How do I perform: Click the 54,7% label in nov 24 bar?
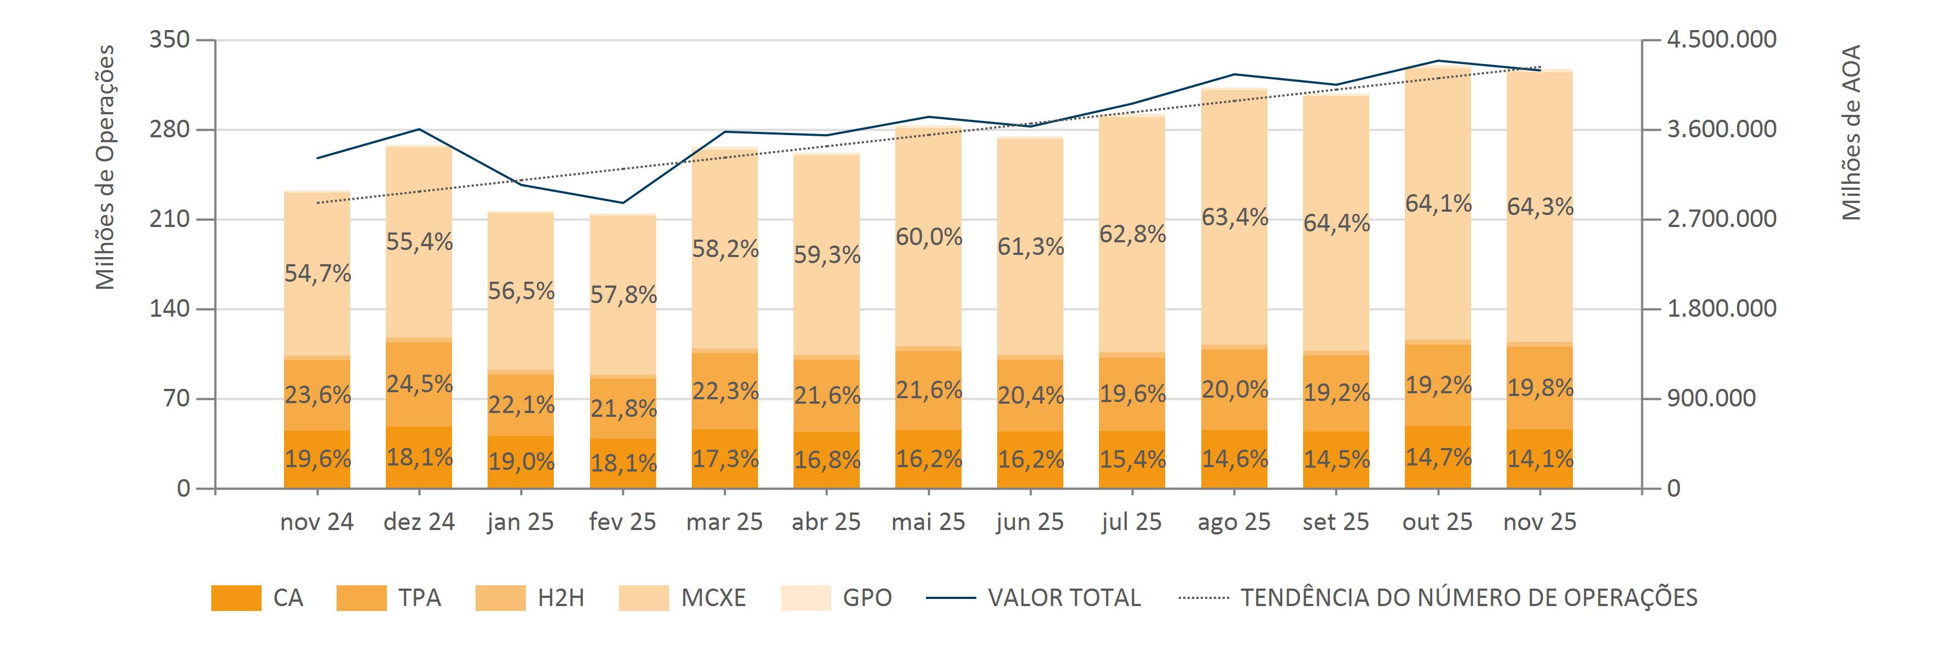coord(317,273)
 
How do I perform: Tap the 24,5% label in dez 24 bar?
coord(419,385)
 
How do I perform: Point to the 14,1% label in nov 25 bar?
coord(1540,459)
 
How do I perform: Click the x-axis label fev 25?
coord(622,522)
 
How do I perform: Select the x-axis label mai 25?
coord(928,522)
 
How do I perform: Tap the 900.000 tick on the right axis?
coord(1711,399)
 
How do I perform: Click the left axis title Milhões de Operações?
coord(106,167)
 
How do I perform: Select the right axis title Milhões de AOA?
coord(1851,133)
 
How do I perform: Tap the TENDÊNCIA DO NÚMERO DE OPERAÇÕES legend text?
coord(1468,598)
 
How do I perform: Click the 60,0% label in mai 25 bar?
coord(929,237)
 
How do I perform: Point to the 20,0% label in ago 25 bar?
coord(1235,389)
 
